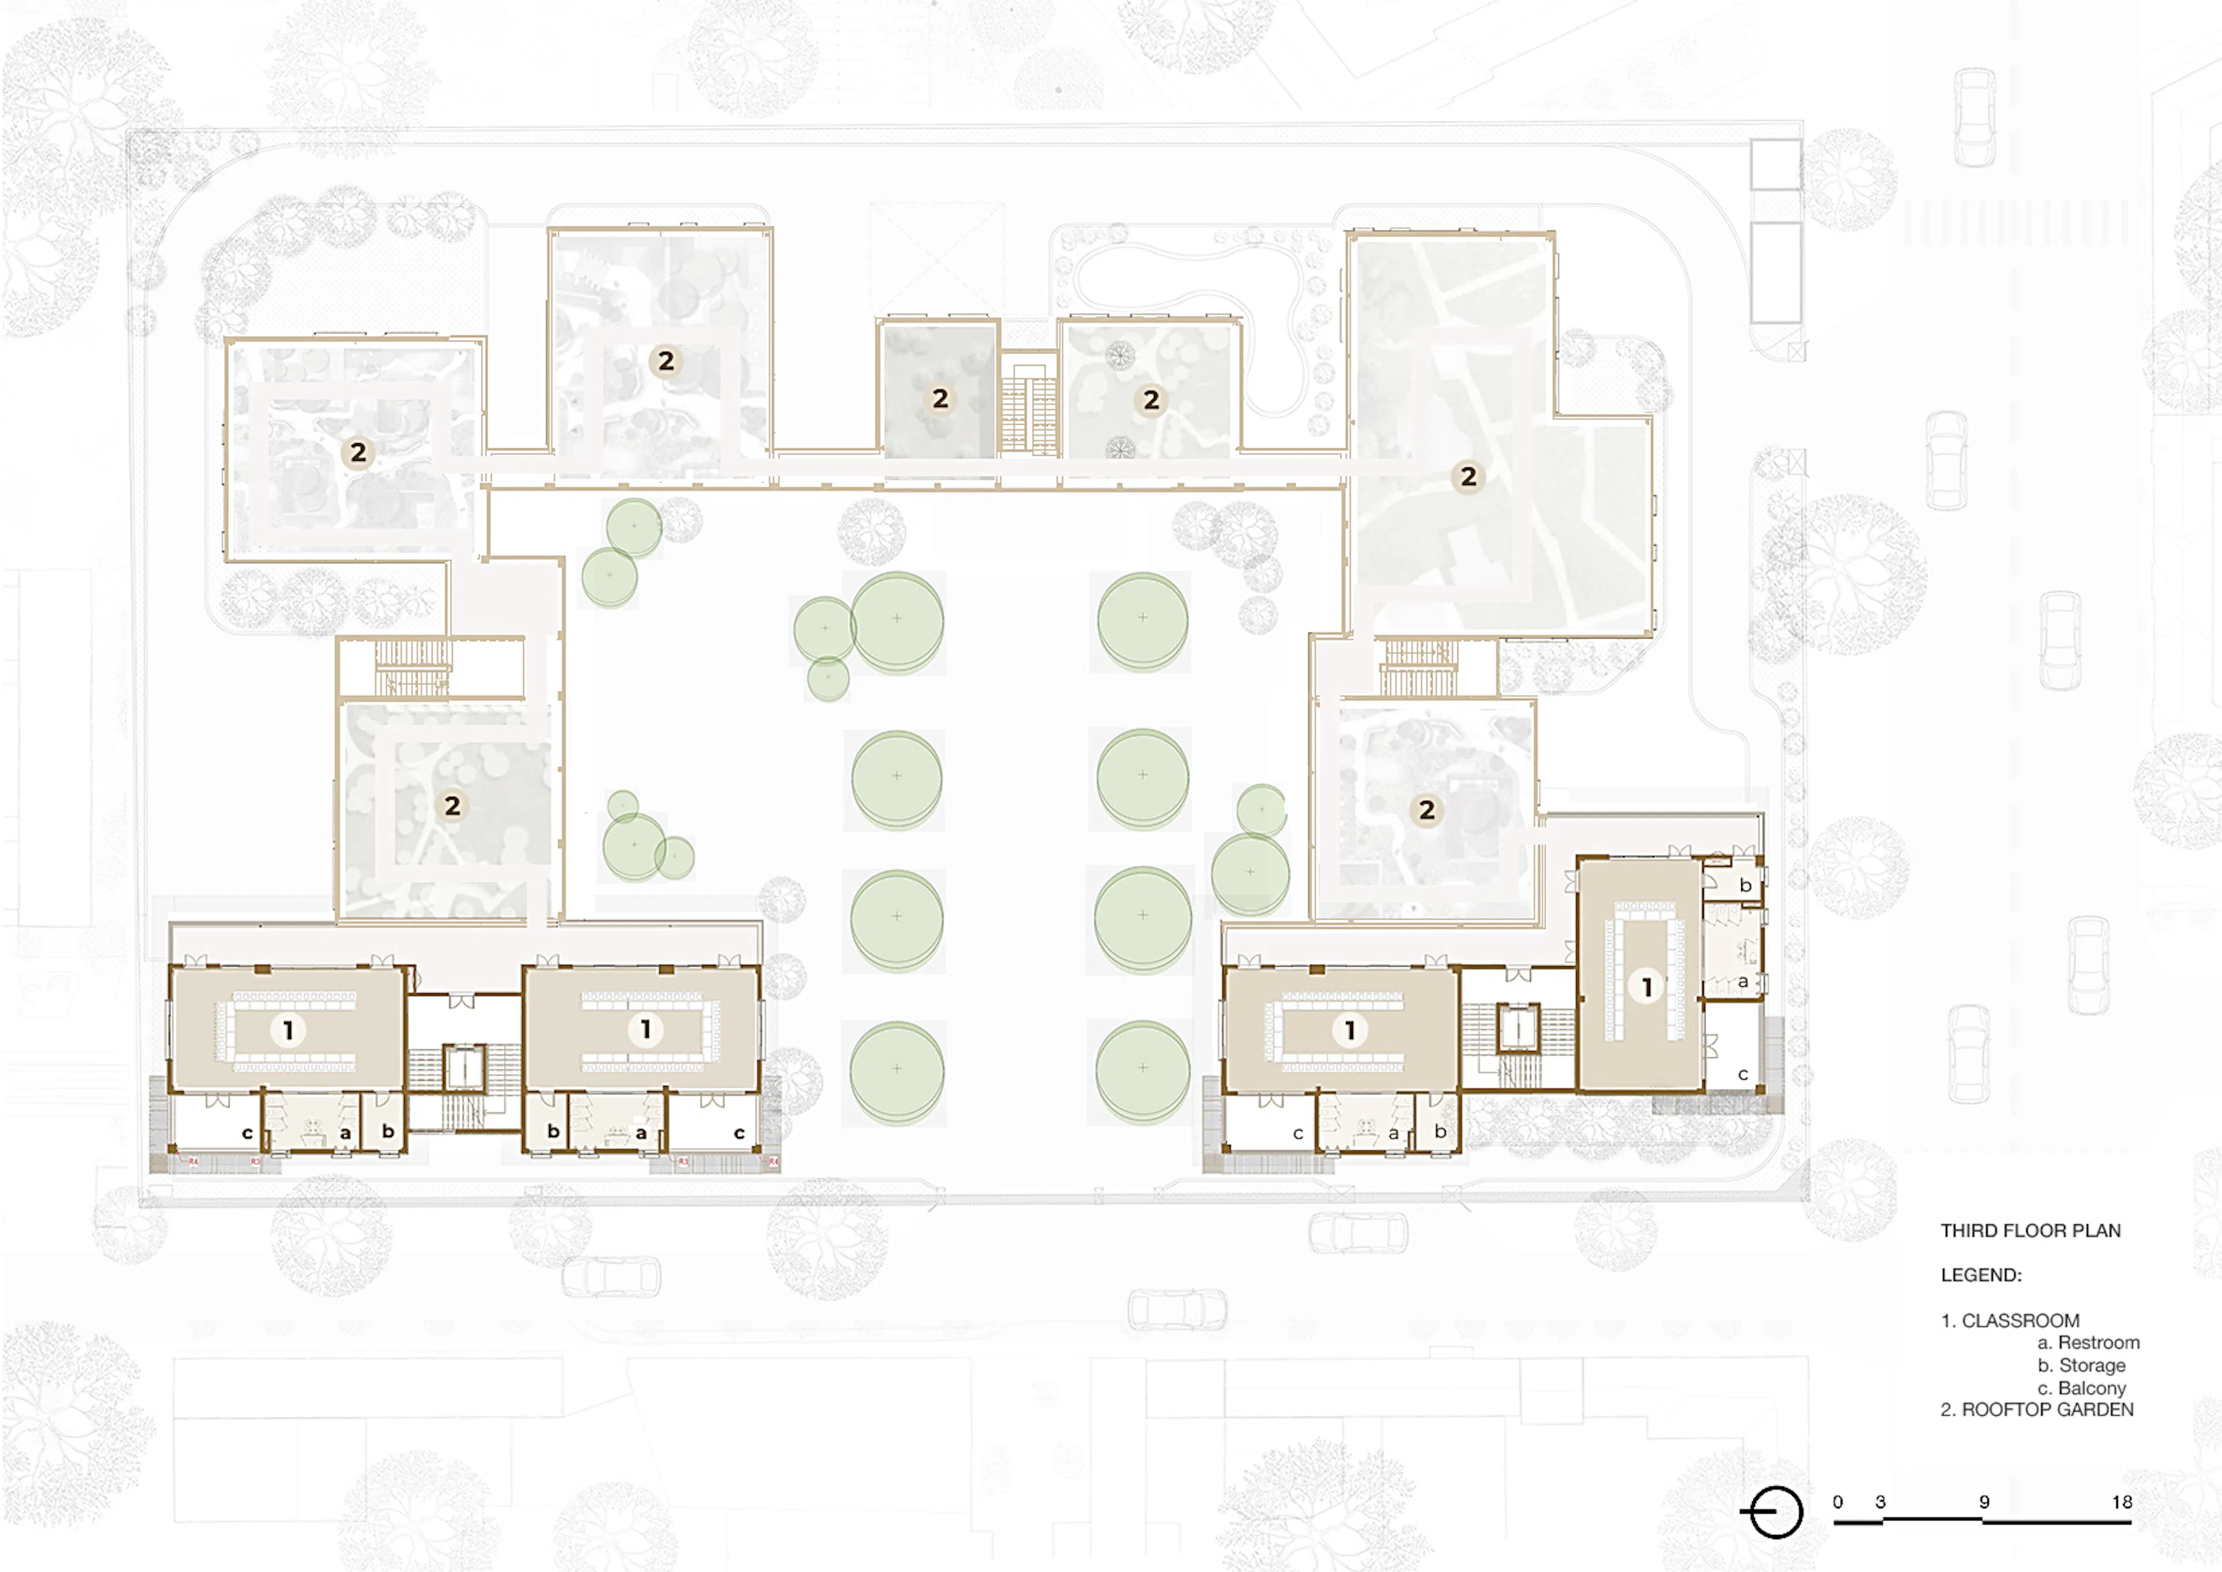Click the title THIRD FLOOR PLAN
[x=2030, y=1231]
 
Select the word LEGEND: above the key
[x=1981, y=1275]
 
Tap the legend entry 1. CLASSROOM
[x=2010, y=1320]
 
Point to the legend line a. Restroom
[x=2088, y=1343]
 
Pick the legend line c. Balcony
[x=2081, y=1388]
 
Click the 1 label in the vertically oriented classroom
[x=1646, y=986]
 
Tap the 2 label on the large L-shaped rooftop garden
[x=1468, y=476]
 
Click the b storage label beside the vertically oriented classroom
[x=1745, y=885]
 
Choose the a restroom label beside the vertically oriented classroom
[x=1743, y=982]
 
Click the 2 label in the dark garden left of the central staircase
[x=940, y=398]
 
